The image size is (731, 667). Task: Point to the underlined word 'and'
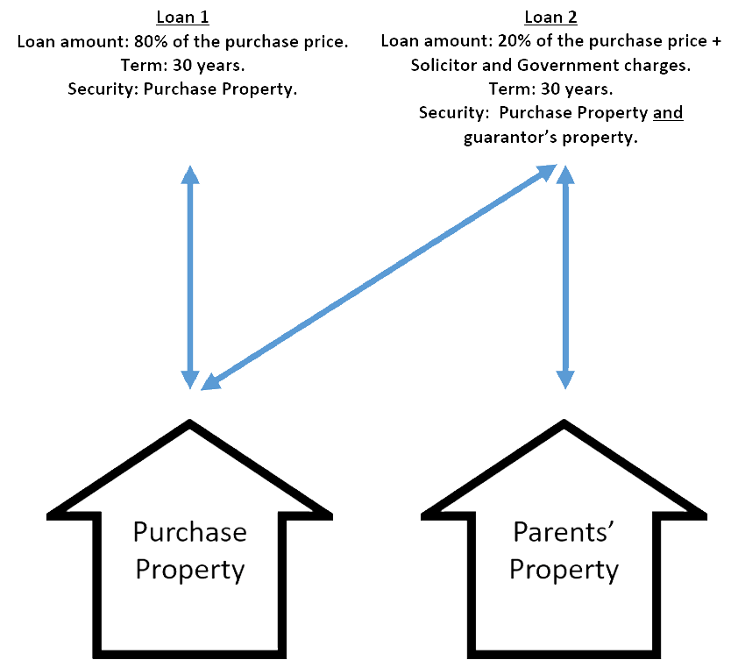pos(668,113)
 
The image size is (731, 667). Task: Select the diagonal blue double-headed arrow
pos(377,278)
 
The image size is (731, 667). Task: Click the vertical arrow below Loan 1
pos(189,276)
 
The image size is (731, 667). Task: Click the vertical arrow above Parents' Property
pos(565,276)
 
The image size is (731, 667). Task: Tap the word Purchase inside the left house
pos(189,531)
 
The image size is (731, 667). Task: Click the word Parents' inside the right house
pos(564,531)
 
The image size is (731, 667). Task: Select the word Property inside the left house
pos(189,570)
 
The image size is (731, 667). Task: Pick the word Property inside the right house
pos(564,570)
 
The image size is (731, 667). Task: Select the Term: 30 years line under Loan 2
pos(550,89)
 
